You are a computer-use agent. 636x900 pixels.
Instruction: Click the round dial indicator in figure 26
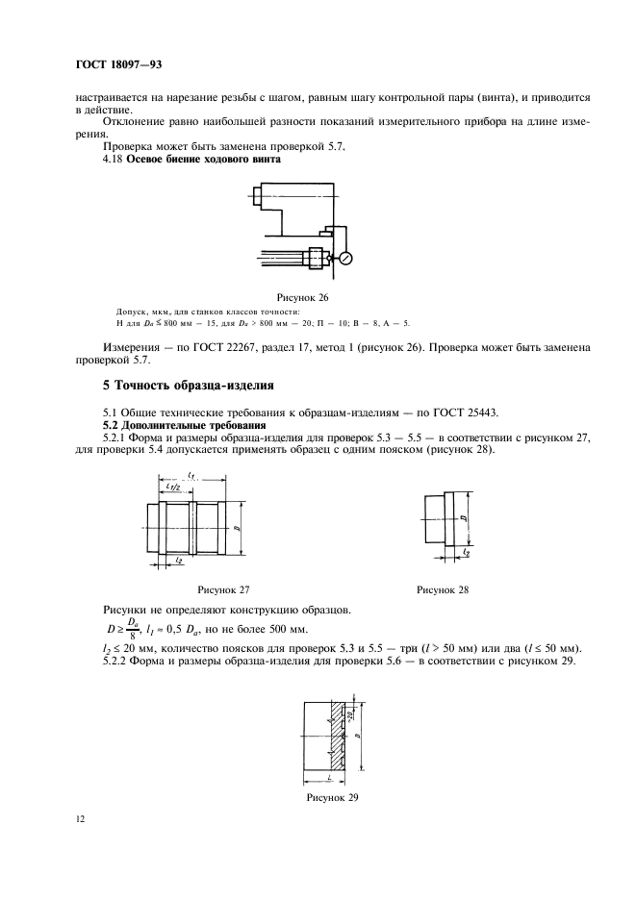click(345, 258)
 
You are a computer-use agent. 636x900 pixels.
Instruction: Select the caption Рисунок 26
click(317, 297)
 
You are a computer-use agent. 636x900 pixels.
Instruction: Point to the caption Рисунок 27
click(223, 589)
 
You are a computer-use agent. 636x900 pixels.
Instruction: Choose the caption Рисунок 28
click(443, 589)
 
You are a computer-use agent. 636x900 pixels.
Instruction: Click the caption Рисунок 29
click(333, 797)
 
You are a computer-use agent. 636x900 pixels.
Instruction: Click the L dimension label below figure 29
click(328, 775)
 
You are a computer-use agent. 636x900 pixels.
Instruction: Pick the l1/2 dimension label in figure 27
click(175, 487)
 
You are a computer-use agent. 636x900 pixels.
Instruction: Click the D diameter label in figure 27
click(237, 528)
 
